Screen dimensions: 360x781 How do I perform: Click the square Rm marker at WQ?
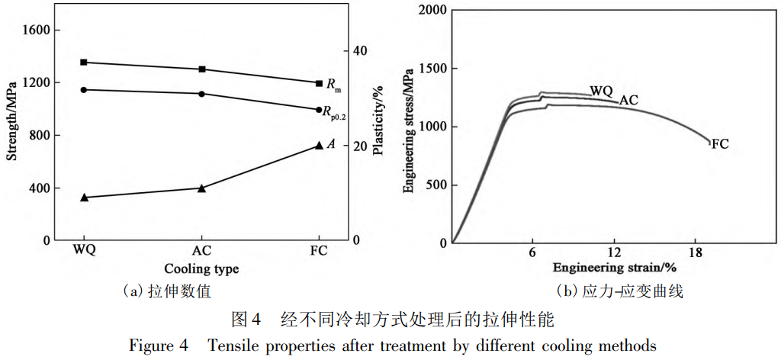click(84, 62)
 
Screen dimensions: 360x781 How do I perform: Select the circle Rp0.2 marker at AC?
click(201, 94)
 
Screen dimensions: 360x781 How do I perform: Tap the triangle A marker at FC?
click(320, 145)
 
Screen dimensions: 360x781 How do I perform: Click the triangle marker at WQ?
click(84, 198)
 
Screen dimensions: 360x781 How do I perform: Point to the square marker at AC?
click(201, 69)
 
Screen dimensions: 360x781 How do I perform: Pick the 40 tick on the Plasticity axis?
click(359, 50)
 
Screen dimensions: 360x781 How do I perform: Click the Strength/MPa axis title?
click(11, 125)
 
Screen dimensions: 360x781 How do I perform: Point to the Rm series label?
click(333, 84)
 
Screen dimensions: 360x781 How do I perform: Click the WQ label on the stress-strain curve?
click(601, 91)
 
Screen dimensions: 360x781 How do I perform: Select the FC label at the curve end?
click(720, 143)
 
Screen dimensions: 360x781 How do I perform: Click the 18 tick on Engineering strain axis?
click(695, 252)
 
